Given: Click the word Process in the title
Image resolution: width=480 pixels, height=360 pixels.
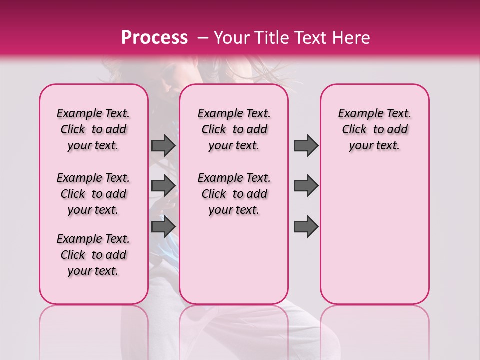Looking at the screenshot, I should click(x=154, y=38).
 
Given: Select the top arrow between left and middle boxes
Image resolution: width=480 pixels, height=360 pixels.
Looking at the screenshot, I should click(x=163, y=146).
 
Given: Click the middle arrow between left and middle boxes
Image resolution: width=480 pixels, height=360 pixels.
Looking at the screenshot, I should click(x=163, y=186).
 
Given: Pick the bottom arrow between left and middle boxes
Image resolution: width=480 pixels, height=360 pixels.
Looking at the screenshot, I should click(x=163, y=227).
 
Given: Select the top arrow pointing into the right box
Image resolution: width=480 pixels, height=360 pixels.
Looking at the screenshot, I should click(x=306, y=146).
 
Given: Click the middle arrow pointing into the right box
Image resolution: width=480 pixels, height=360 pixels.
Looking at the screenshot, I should click(x=306, y=186).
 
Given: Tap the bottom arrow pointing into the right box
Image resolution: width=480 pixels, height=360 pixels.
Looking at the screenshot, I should click(x=306, y=227).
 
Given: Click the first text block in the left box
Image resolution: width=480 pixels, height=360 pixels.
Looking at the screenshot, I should click(x=93, y=129).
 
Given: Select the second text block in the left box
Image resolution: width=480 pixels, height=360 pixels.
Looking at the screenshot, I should click(x=93, y=194).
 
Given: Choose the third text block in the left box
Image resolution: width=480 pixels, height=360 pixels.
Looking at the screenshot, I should click(x=93, y=255).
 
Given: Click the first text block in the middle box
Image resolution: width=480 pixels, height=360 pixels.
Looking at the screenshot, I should click(x=234, y=129).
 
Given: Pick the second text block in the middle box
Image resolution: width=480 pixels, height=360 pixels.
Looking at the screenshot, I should click(x=234, y=194).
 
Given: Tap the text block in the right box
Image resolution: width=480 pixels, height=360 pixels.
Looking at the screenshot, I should click(x=374, y=129).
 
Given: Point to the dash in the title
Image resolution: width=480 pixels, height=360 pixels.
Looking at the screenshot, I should click(x=203, y=38).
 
